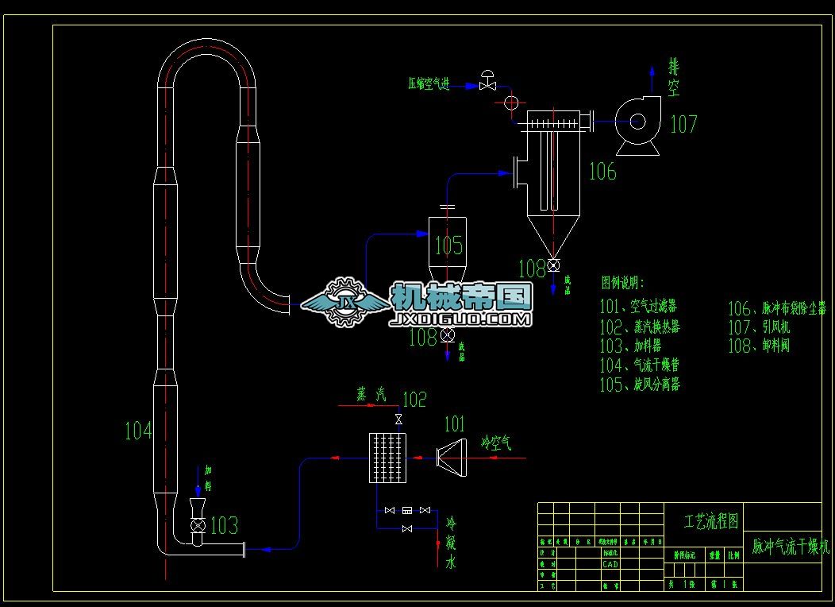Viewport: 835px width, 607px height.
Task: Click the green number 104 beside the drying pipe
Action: pos(138,431)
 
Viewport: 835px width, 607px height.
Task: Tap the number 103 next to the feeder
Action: pos(224,525)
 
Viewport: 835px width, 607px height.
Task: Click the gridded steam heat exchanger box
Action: pos(387,458)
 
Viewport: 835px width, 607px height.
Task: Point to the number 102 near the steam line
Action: pos(414,399)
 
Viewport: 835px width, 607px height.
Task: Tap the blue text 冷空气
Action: pos(496,443)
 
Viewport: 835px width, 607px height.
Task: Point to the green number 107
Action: pos(683,124)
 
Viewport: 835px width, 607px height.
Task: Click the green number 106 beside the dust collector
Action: pos(602,171)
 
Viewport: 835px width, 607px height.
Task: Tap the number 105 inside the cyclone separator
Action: pos(448,245)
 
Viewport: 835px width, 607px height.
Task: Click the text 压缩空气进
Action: pos(429,83)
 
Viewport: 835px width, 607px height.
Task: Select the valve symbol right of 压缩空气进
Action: pos(488,82)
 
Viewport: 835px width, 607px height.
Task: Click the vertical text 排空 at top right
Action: pos(674,77)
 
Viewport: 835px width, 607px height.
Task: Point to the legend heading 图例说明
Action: pos(623,283)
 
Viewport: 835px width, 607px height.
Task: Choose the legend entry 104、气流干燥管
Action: pos(639,365)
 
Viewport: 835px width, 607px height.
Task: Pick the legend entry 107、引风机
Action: pos(759,327)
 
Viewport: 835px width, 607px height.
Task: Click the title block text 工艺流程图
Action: pos(711,521)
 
